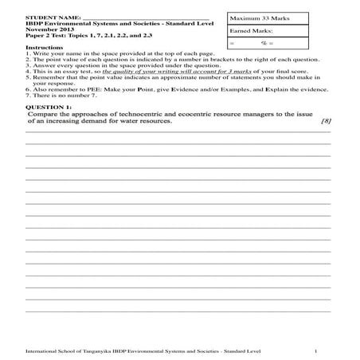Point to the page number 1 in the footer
[316, 350]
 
